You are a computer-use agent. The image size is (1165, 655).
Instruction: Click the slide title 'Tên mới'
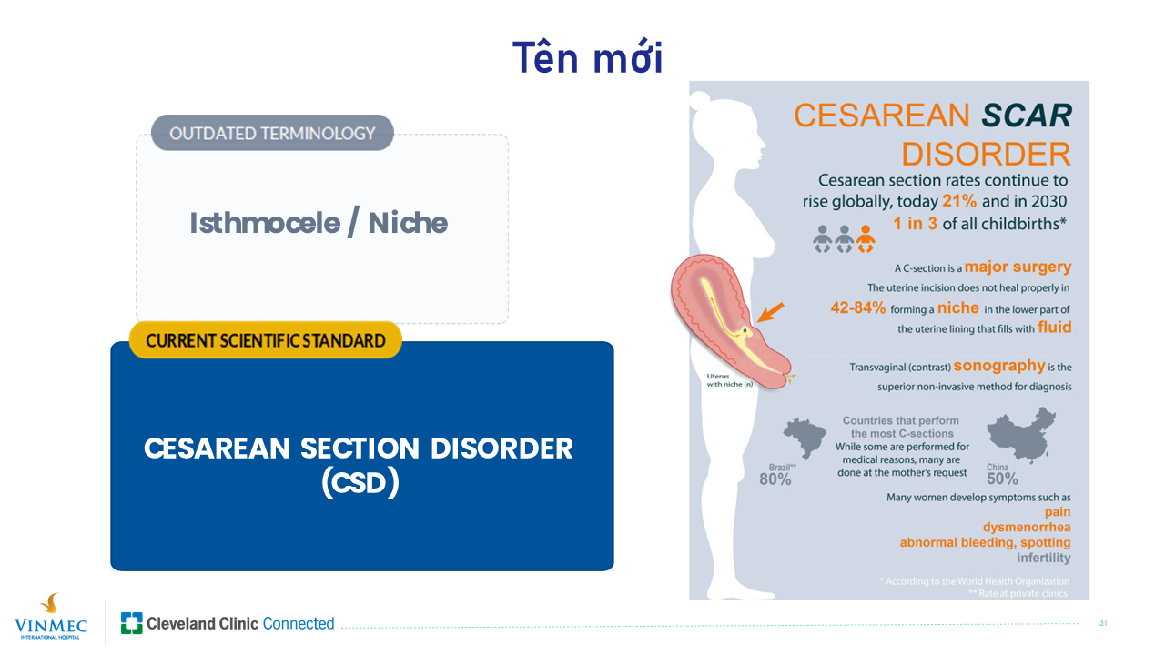point(588,56)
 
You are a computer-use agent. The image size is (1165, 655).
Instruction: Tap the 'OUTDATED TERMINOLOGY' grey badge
point(272,133)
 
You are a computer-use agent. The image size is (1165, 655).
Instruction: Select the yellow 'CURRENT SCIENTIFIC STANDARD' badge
point(265,340)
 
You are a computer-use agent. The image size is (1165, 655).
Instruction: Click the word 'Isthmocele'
point(265,224)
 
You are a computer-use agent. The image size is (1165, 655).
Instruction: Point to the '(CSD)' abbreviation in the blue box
point(360,483)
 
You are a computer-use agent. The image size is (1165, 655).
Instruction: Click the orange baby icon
point(866,238)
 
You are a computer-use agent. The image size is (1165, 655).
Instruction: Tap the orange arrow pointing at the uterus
point(770,313)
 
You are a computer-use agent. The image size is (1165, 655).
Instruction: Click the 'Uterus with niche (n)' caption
point(729,380)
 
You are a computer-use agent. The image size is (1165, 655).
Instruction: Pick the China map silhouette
point(1021,435)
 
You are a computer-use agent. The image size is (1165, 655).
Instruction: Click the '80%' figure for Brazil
point(775,479)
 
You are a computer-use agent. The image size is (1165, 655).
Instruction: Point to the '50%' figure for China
point(1002,479)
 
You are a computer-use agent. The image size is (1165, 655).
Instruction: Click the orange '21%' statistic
point(959,201)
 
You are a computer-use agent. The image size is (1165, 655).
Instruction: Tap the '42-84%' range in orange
point(857,307)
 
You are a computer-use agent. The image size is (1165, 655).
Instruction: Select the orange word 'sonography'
point(999,366)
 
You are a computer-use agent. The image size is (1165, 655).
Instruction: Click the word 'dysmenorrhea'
point(1026,527)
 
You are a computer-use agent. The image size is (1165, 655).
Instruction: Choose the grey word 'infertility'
point(1043,558)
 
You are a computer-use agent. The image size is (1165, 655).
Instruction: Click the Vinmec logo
point(50,617)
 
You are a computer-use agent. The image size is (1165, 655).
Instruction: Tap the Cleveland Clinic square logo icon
point(132,623)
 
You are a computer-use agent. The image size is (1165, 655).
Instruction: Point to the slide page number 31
point(1102,623)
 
